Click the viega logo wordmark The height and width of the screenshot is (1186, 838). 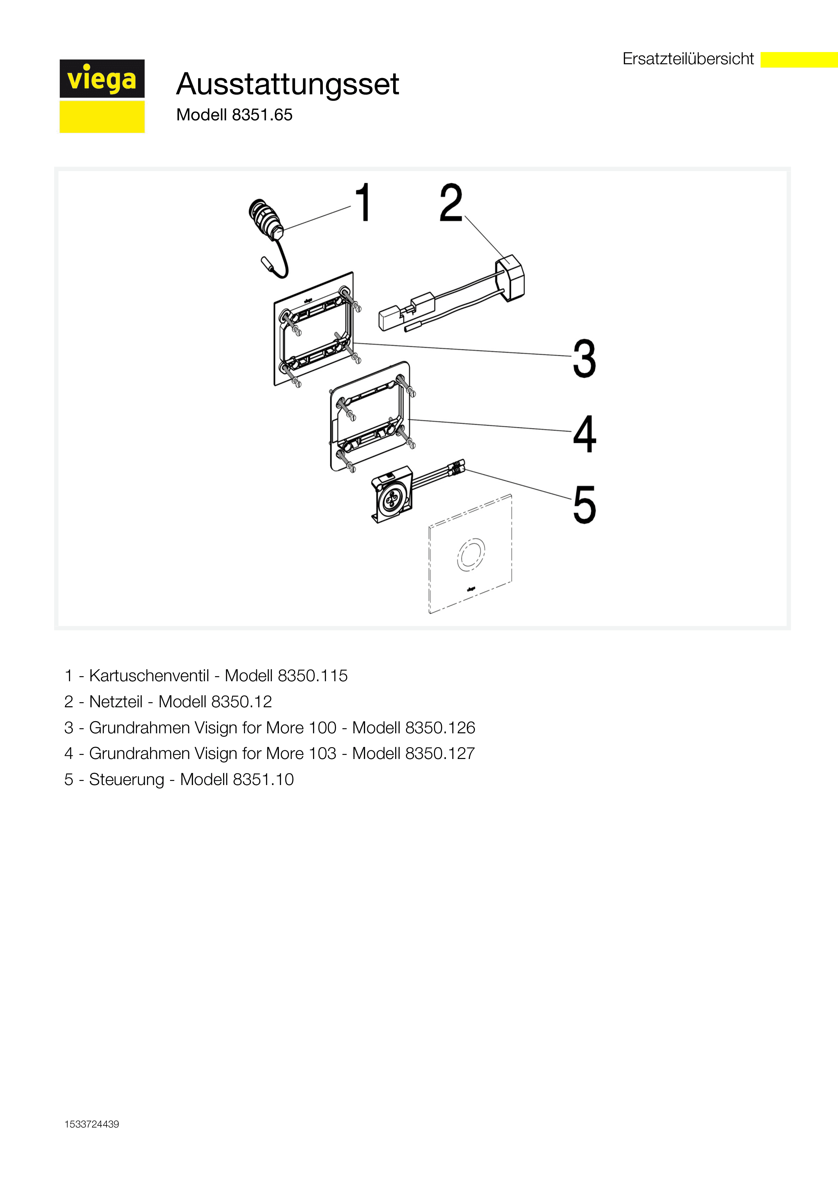102,79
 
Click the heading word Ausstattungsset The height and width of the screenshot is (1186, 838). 288,84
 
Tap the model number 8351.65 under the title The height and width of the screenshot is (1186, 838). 262,115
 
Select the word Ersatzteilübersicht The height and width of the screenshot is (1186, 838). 688,59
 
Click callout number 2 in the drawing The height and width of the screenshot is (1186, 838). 451,203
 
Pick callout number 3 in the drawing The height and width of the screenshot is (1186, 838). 584,358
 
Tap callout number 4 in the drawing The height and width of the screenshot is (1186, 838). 584,433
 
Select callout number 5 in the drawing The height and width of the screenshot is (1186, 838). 584,505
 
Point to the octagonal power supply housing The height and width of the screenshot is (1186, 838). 510,277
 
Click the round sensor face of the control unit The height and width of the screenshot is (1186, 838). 392,499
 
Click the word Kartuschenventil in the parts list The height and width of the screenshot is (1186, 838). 149,675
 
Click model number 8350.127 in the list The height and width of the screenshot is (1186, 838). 440,753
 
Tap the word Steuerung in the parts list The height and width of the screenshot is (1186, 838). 126,780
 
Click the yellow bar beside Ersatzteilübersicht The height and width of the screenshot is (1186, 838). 799,60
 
